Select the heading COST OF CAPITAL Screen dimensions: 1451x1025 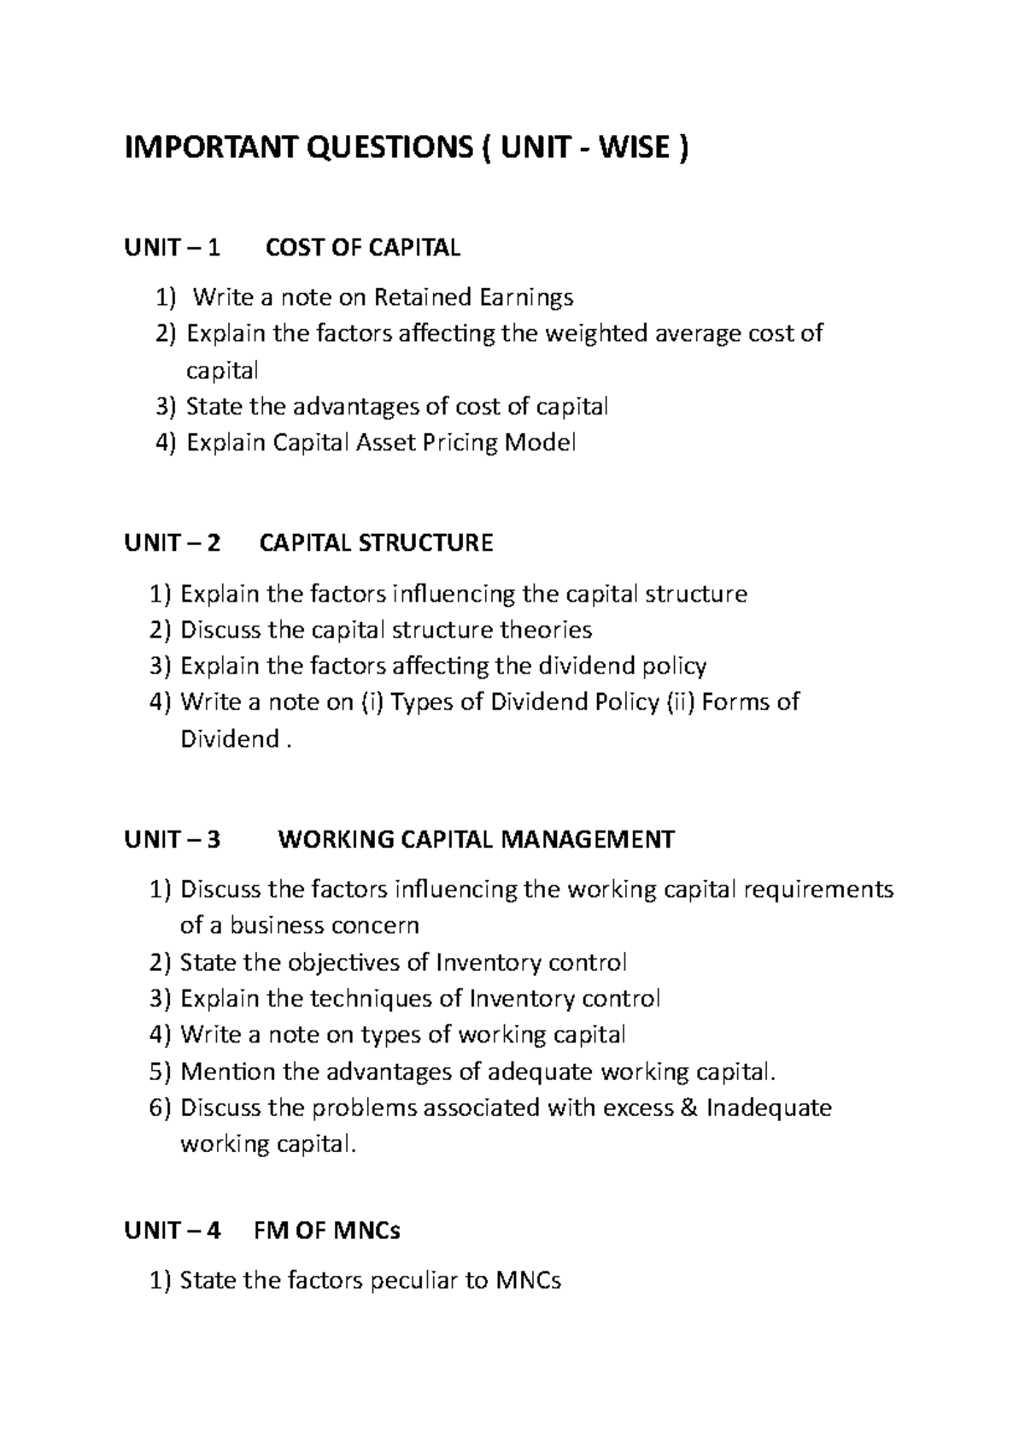point(363,248)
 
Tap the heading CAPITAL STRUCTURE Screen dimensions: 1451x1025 point(376,543)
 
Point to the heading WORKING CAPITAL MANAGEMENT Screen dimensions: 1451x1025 point(476,839)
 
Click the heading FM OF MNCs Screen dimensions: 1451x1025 point(327,1231)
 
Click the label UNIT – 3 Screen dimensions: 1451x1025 point(172,839)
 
